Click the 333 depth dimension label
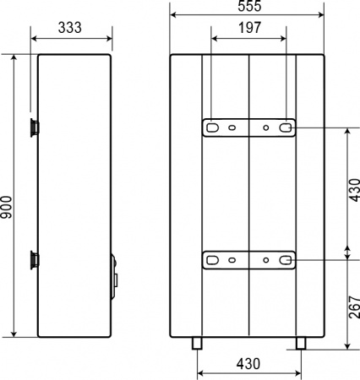(x=71, y=27)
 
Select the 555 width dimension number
(x=247, y=7)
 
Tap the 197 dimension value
(x=247, y=27)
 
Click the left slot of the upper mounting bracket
(x=210, y=128)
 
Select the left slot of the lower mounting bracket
(x=210, y=260)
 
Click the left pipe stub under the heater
(x=197, y=342)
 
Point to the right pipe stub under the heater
(x=298, y=342)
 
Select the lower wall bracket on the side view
(x=34, y=258)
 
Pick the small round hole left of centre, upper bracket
(x=229, y=128)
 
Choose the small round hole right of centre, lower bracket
(x=266, y=260)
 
